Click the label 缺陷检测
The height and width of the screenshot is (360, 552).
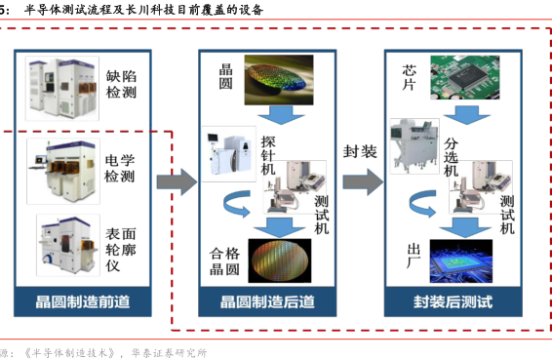pyautogui.click(x=121, y=85)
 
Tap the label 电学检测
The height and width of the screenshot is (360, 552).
pyautogui.click(x=120, y=168)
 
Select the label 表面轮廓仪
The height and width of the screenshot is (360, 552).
pyautogui.click(x=120, y=250)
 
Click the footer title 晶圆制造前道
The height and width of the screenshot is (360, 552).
pyautogui.click(x=83, y=301)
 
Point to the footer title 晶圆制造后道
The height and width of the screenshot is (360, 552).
pyautogui.click(x=267, y=301)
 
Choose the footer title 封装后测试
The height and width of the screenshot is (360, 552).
pyautogui.click(x=453, y=301)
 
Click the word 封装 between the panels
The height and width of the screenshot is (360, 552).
pyautogui.click(x=360, y=151)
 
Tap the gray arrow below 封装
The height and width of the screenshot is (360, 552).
pyautogui.click(x=364, y=181)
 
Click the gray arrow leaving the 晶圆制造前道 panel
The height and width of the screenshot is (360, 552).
pyautogui.click(x=177, y=181)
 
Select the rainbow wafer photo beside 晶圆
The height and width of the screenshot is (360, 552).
pyautogui.click(x=279, y=80)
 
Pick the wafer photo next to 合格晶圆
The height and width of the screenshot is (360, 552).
pyautogui.click(x=280, y=260)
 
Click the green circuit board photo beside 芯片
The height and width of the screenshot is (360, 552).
pyautogui.click(x=464, y=77)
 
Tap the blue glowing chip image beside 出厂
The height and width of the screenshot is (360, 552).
pyautogui.click(x=461, y=261)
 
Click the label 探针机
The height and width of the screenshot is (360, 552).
pyautogui.click(x=268, y=155)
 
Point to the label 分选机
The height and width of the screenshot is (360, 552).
pyautogui.click(x=451, y=157)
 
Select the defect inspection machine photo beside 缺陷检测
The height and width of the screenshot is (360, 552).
pyautogui.click(x=62, y=88)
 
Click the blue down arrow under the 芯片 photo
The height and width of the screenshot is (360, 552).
pyautogui.click(x=466, y=115)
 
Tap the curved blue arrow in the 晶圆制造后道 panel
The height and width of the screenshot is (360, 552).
pyautogui.click(x=237, y=204)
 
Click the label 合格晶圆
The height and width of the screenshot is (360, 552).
pyautogui.click(x=224, y=261)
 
